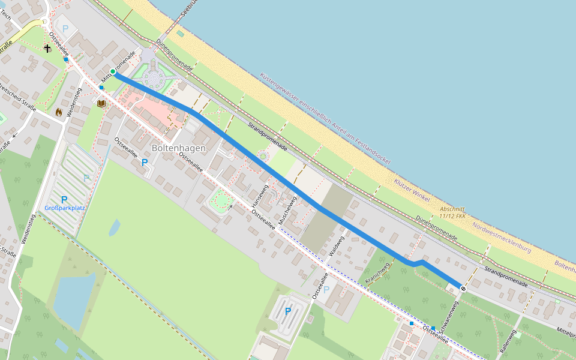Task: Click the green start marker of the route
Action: click(x=113, y=71)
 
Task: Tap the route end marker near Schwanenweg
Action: click(x=463, y=289)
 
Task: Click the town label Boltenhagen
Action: click(x=178, y=148)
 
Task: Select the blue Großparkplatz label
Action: click(x=64, y=208)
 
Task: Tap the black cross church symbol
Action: click(x=47, y=47)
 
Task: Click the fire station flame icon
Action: click(x=59, y=112)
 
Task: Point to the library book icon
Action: click(x=101, y=104)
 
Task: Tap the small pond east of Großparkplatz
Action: click(x=113, y=227)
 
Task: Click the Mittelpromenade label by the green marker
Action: click(x=119, y=65)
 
